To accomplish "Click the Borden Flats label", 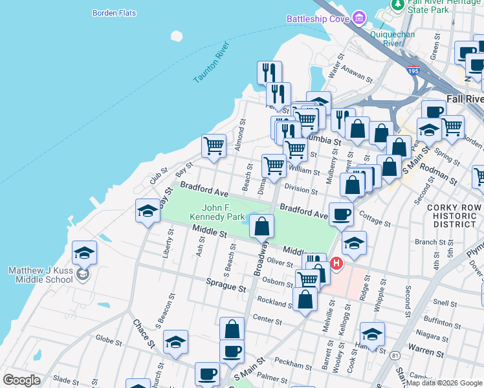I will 114,12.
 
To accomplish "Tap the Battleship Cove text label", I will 318,19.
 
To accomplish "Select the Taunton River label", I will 212,62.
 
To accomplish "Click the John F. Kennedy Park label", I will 216,212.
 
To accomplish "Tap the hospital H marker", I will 336,263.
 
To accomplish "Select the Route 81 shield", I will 395,355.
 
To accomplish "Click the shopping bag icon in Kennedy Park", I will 261,226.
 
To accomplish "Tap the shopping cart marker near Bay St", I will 214,145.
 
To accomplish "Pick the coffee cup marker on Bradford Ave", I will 341,214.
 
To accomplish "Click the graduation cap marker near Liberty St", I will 148,211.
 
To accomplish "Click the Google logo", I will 21,380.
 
